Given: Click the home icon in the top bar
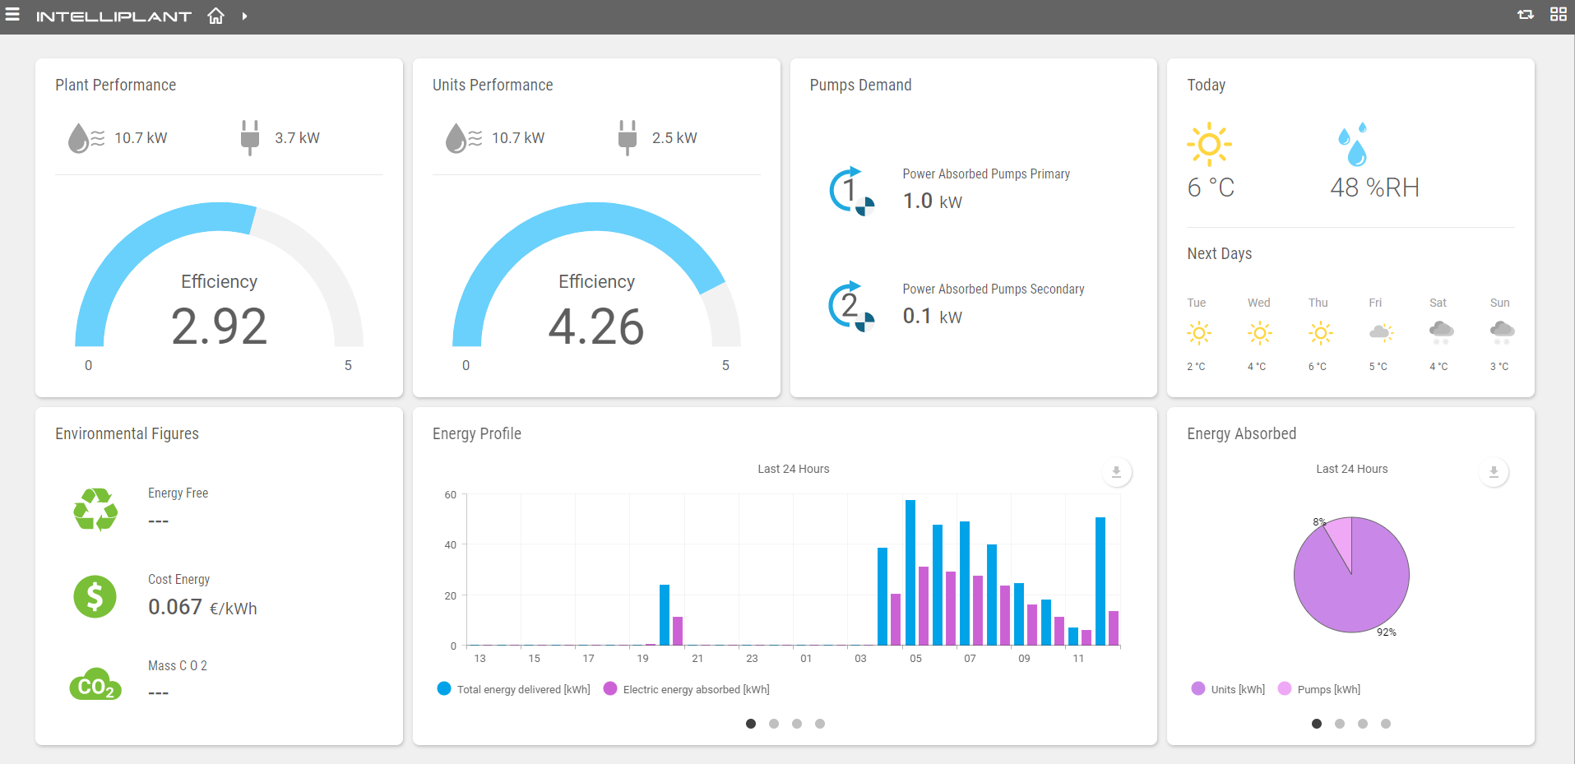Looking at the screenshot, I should (215, 16).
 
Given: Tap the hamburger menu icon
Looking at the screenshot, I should (12, 14).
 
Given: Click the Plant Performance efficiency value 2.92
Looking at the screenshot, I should (219, 326).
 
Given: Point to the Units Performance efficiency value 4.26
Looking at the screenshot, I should (596, 326).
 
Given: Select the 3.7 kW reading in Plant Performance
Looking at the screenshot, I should (296, 138).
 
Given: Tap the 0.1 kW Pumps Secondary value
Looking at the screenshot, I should (932, 317).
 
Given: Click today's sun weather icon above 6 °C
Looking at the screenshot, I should (1209, 145).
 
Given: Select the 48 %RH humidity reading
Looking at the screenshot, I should (1374, 188).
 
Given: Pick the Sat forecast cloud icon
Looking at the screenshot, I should (1440, 331).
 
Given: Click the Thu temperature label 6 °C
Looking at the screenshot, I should (1317, 367).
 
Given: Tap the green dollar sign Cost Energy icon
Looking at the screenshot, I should (95, 596).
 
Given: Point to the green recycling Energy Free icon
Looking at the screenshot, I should (95, 510).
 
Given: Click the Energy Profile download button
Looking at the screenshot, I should (1116, 472).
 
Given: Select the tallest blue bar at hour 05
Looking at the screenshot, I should (910, 572).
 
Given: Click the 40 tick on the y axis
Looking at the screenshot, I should (450, 544).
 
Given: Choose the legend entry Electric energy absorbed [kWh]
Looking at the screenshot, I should (696, 689).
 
